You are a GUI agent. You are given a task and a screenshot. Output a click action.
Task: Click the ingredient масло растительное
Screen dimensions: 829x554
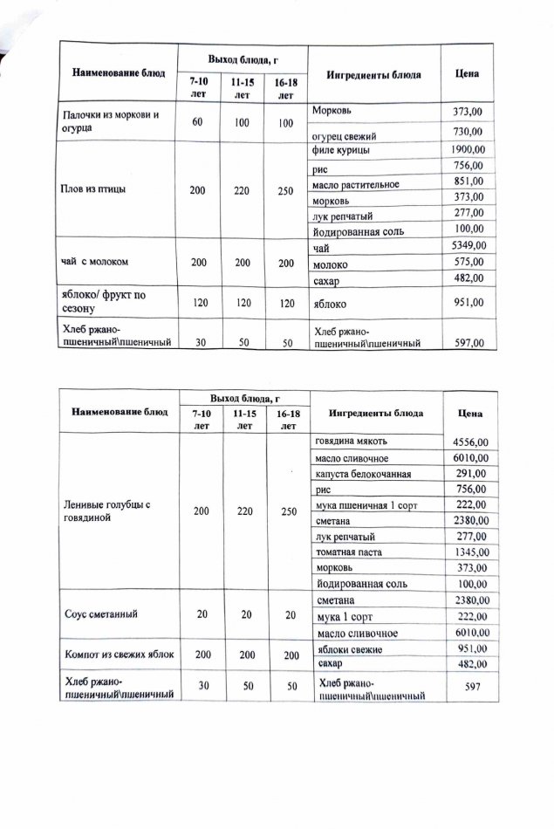point(355,184)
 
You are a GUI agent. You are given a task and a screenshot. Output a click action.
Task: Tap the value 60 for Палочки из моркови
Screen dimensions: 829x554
point(197,123)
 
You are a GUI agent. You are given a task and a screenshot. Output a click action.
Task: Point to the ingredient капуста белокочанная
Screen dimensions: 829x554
point(362,474)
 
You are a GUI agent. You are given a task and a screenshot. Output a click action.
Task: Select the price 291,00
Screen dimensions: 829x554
point(472,474)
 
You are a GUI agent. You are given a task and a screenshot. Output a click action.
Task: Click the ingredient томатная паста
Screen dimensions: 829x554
point(349,552)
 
